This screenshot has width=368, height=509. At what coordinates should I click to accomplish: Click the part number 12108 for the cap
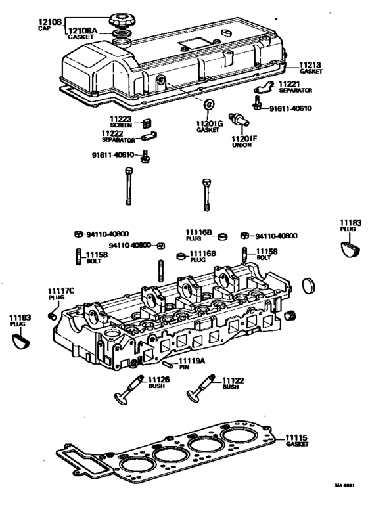[x=51, y=22]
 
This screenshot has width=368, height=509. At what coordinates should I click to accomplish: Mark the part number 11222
[x=114, y=133]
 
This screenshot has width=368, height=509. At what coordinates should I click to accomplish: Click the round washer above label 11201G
[x=208, y=104]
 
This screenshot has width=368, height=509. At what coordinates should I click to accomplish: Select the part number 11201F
[x=246, y=139]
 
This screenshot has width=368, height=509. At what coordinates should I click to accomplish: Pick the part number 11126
[x=159, y=380]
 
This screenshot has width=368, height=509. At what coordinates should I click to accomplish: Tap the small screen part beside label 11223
[x=147, y=120]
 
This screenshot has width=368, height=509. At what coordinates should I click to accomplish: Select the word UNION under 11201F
[x=241, y=146]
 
